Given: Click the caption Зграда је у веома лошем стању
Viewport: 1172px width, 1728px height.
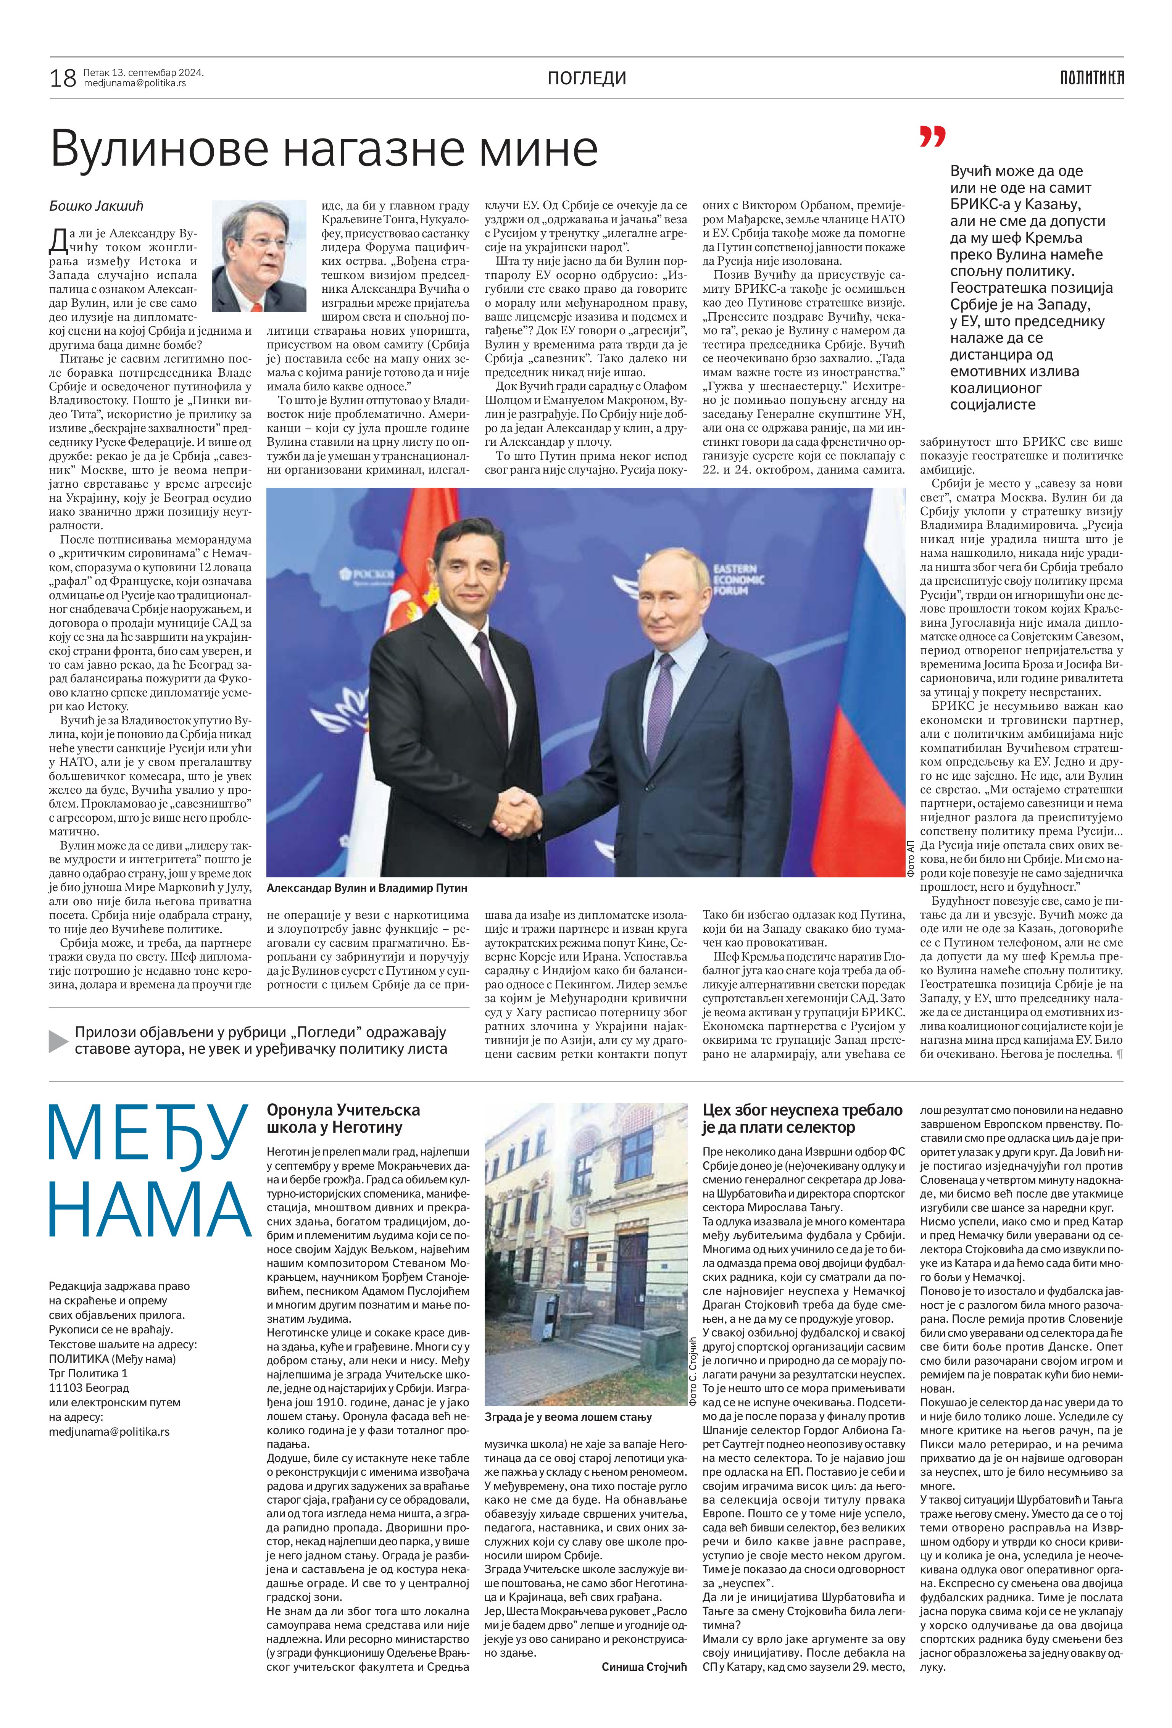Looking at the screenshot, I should (567, 1417).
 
